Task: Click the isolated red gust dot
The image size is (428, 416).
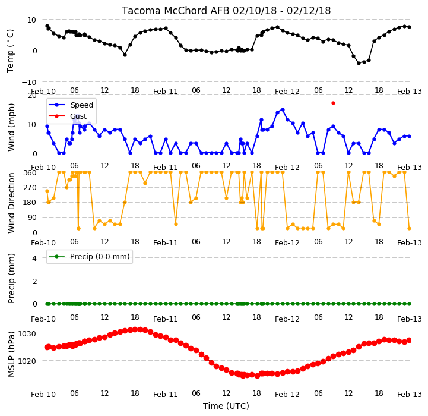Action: coord(333,103)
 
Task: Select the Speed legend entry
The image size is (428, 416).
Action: coord(71,105)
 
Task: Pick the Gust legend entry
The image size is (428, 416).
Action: coord(68,116)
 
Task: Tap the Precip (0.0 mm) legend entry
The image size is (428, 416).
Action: coord(88,256)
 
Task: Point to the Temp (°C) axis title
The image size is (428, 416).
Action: coord(10,51)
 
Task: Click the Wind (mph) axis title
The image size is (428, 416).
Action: coord(11,127)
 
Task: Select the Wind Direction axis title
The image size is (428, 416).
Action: coord(11,203)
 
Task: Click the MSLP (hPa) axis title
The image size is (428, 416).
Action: coord(11,354)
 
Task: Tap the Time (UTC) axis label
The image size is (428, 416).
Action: coord(226,406)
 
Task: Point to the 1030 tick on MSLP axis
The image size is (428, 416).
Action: coord(27,334)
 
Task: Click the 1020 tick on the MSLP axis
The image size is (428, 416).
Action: coord(27,361)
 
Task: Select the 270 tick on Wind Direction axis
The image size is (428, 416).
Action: coord(30,188)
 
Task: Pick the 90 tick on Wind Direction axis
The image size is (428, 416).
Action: coord(32,218)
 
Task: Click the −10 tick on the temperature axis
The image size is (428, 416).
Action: coord(28,82)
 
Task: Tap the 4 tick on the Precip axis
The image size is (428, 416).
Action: coord(34,258)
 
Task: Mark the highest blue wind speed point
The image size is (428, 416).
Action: coord(283,109)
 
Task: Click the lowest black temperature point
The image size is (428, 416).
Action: coord(359,63)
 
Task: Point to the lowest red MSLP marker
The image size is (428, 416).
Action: coord(257,376)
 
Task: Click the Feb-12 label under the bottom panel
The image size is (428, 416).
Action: coord(287,395)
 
